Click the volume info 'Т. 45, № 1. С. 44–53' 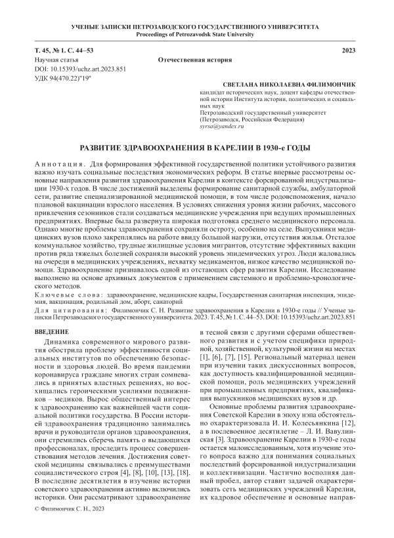click(65, 51)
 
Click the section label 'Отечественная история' click(197, 59)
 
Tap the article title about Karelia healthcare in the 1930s click(196, 148)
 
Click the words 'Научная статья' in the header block click(56, 59)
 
